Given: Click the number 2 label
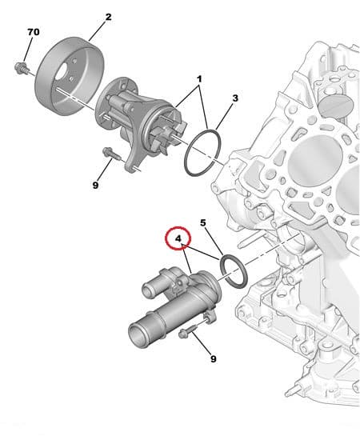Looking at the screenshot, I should (x=108, y=16).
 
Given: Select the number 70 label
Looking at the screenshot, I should (x=33, y=32).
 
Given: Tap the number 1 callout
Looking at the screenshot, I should (x=199, y=80).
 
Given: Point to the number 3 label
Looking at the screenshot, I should (x=235, y=98).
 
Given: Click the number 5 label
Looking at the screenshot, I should (x=203, y=222).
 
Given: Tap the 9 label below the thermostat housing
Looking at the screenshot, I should (x=213, y=358).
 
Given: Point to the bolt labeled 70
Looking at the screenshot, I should (x=21, y=68).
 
